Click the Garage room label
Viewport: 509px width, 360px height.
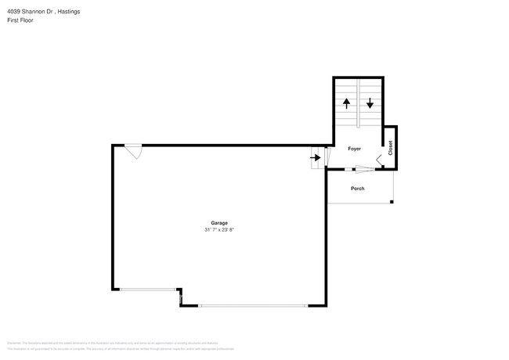tap(218, 223)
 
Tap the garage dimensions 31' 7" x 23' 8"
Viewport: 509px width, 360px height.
tap(218, 229)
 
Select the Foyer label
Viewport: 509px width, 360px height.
tap(354, 148)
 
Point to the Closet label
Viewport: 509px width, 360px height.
tap(390, 147)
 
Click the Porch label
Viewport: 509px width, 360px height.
tap(357, 189)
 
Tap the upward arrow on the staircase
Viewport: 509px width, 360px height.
tap(346, 103)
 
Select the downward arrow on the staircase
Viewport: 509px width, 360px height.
tap(370, 103)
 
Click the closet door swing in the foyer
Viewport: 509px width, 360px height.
tap(380, 160)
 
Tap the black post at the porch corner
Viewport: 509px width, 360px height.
tap(392, 202)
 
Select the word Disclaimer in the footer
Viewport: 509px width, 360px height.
tap(13, 343)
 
